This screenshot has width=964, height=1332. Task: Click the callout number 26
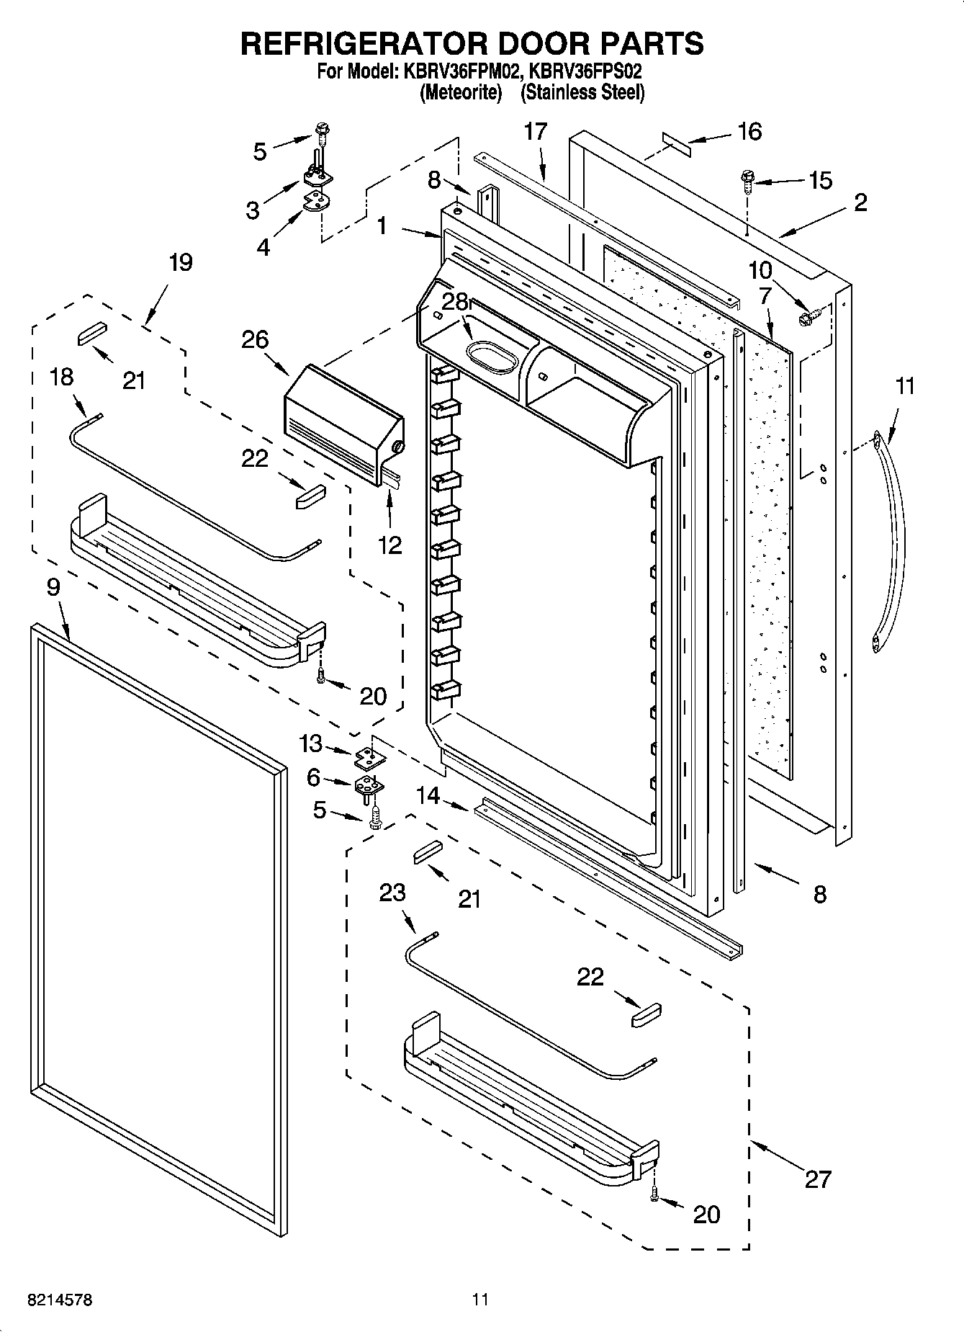[255, 339]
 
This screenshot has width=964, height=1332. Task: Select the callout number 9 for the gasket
[53, 587]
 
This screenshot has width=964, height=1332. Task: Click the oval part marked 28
[492, 357]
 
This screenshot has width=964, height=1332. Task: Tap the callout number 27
[818, 1179]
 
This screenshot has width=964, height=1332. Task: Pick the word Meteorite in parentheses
[461, 93]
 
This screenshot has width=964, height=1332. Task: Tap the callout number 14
[428, 795]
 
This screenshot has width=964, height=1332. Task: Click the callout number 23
[392, 893]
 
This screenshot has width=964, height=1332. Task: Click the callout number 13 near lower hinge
[311, 743]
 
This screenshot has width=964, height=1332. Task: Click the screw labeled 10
[806, 316]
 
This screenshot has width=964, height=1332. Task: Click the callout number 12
[389, 545]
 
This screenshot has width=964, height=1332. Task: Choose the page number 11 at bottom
[480, 1300]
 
